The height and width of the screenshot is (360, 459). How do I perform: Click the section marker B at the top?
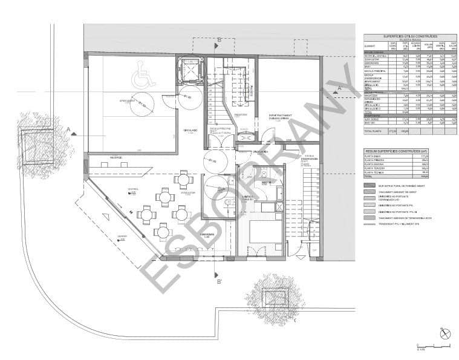click(x=218, y=41)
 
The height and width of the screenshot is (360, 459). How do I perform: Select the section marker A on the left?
click(x=70, y=129)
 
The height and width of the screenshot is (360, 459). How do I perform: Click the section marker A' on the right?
click(x=340, y=89)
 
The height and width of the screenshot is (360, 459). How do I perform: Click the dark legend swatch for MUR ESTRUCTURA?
click(x=369, y=185)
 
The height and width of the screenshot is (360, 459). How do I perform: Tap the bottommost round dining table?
click(x=162, y=231)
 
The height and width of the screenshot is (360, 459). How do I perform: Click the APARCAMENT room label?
click(x=127, y=101)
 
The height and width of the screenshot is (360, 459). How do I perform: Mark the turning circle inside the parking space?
click(x=141, y=105)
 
